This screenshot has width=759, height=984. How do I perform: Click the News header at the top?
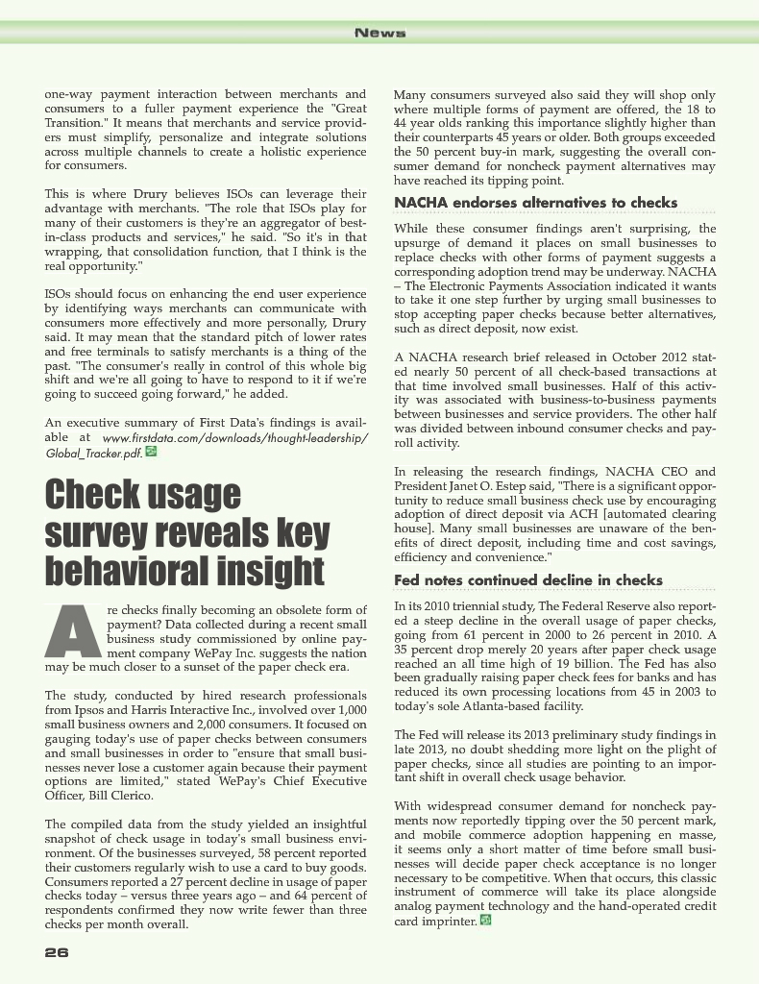(x=379, y=33)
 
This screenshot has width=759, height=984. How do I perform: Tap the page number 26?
(x=56, y=952)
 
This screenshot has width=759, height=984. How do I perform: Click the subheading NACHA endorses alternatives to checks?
(x=536, y=203)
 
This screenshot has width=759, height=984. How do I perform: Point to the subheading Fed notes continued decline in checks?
(x=528, y=580)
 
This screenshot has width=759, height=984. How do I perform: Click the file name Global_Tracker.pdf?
(x=93, y=453)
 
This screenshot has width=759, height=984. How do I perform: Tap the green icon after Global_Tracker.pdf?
(x=151, y=452)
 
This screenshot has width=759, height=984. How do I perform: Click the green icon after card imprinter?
(x=485, y=921)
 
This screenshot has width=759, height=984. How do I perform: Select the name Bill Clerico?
(x=105, y=796)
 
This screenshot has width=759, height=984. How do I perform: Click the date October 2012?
(x=644, y=357)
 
